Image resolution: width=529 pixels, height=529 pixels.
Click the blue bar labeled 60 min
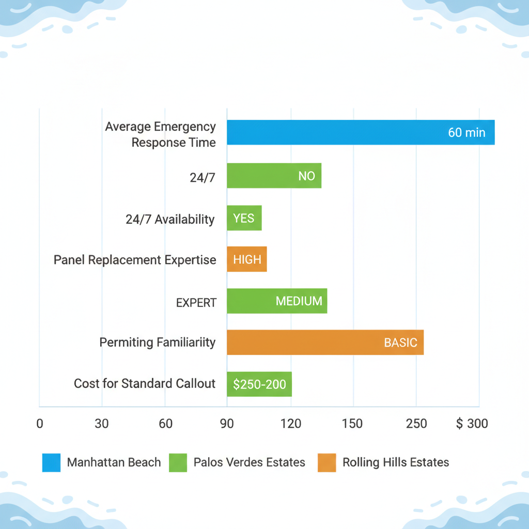click(361, 132)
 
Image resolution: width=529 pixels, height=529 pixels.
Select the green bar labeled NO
click(274, 176)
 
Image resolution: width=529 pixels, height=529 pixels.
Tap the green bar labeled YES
click(244, 218)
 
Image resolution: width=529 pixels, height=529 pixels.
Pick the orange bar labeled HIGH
click(247, 259)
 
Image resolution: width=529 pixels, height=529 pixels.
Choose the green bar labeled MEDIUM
click(277, 301)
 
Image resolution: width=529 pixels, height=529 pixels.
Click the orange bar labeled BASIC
click(325, 343)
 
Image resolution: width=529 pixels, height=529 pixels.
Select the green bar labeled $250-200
click(259, 384)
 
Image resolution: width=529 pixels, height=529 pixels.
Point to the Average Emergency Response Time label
click(160, 134)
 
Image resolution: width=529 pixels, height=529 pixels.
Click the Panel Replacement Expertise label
click(135, 259)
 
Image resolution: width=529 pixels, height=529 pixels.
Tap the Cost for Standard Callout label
click(145, 383)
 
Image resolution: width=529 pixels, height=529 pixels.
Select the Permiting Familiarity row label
click(157, 342)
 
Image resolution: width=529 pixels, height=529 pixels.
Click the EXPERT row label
click(196, 302)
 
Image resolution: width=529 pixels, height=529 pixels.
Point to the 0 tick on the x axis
click(39, 424)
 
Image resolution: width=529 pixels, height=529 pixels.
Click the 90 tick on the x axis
click(227, 424)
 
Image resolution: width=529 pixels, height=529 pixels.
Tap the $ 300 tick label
click(472, 424)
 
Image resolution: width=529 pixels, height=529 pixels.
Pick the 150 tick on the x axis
click(352, 424)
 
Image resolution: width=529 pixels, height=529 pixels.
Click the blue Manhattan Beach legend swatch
click(51, 462)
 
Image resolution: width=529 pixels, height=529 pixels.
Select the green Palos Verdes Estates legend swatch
click(178, 462)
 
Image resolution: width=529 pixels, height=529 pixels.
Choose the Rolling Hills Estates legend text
click(396, 462)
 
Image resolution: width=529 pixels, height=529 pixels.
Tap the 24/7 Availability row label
click(170, 219)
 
